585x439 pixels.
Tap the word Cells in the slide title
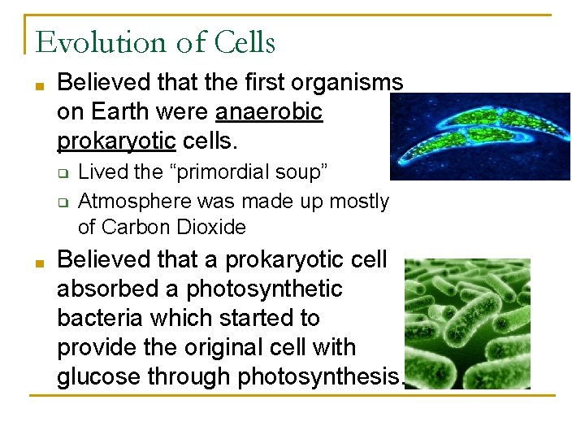click(x=245, y=42)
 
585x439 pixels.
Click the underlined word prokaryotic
click(x=116, y=141)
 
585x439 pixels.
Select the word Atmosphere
click(x=133, y=201)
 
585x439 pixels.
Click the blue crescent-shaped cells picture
click(x=479, y=136)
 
